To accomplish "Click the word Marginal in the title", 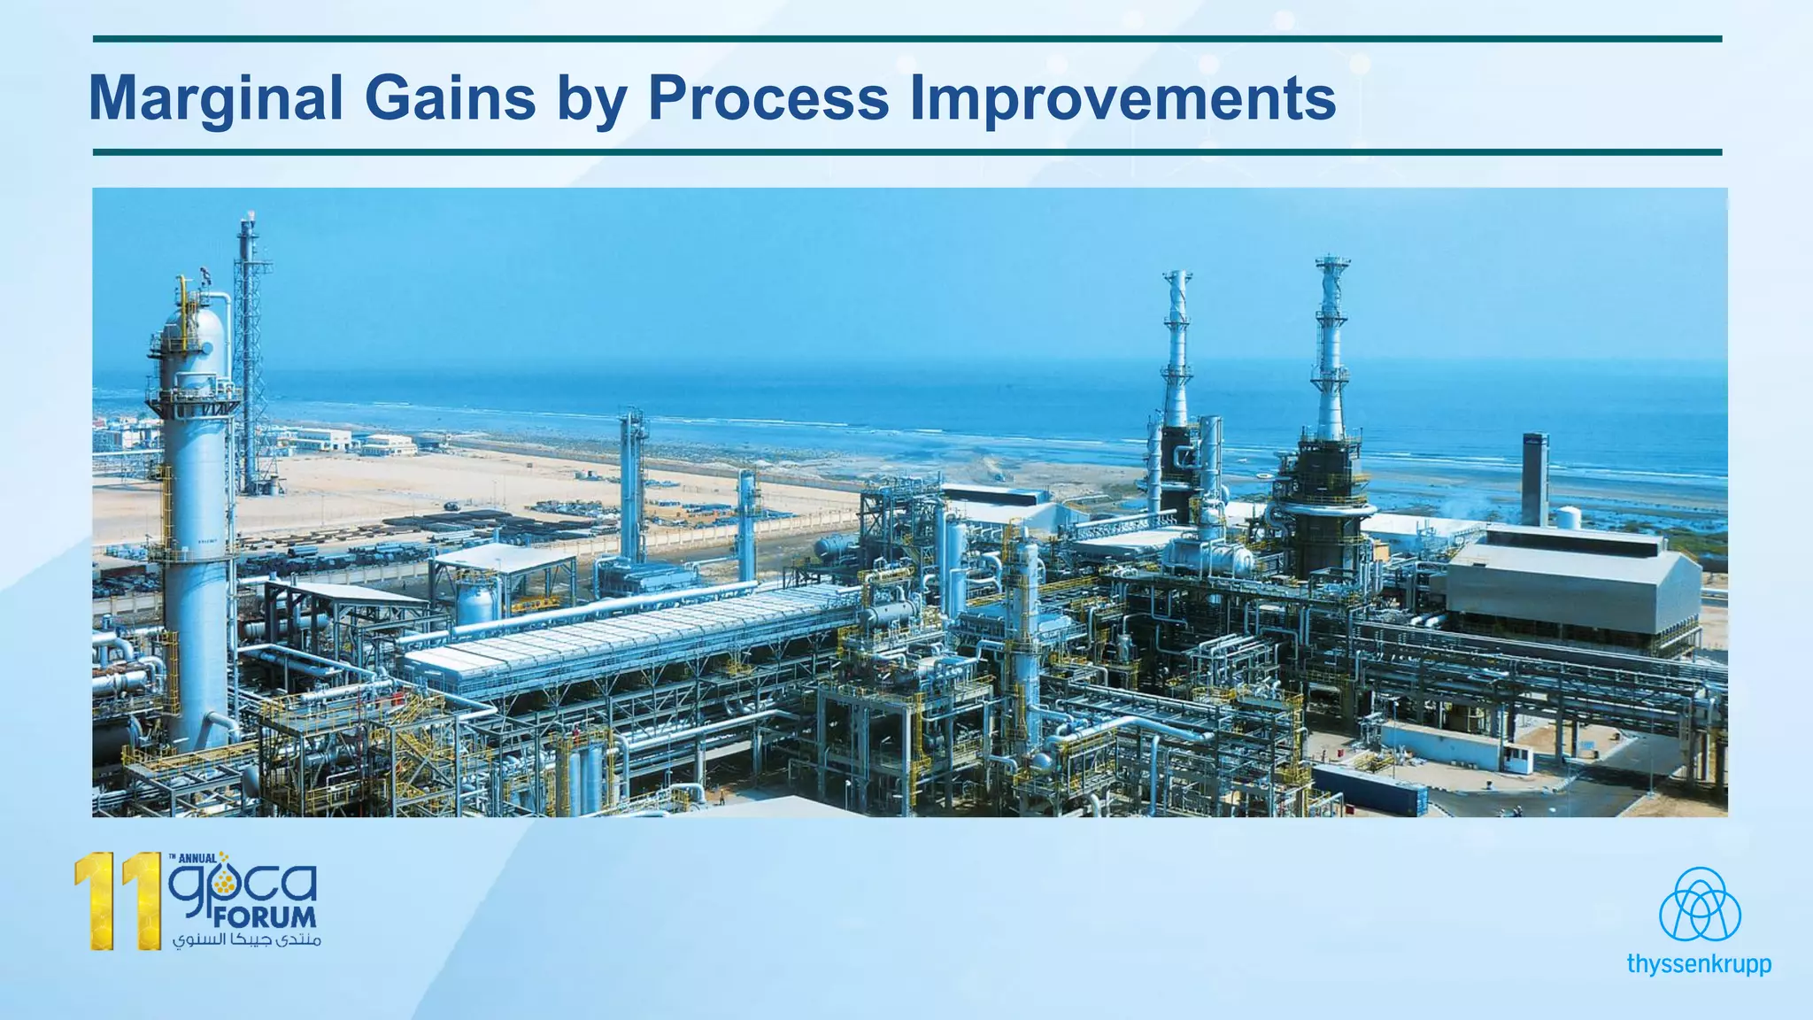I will [x=216, y=97].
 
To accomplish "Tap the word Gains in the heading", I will [x=450, y=97].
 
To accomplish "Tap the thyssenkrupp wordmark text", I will [x=1699, y=964].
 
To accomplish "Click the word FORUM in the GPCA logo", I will [x=264, y=917].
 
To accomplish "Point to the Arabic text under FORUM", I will [x=246, y=939].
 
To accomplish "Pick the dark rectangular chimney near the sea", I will [x=1534, y=478].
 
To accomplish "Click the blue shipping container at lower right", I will [x=1369, y=788].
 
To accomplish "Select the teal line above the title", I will [x=907, y=39].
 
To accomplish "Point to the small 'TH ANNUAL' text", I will [x=192, y=858].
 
